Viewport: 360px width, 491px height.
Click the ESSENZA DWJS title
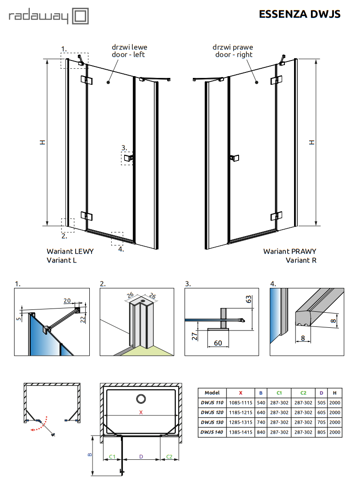[x=300, y=14]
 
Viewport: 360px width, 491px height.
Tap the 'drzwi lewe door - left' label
[x=130, y=51]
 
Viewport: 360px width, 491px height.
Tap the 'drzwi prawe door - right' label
[x=233, y=51]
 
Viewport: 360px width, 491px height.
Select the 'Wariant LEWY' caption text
[x=70, y=251]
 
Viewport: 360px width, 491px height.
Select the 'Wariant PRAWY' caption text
[x=289, y=251]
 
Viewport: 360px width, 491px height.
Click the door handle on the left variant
[x=128, y=158]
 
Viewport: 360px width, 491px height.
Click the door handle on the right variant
[x=234, y=158]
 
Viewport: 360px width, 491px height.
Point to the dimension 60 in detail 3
[x=218, y=343]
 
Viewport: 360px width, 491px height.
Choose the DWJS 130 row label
[x=212, y=422]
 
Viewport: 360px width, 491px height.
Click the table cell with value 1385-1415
[x=240, y=432]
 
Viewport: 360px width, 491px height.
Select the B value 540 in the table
[x=260, y=403]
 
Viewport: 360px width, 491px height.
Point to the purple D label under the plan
[x=141, y=457]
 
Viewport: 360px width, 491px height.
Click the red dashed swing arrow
[x=37, y=428]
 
